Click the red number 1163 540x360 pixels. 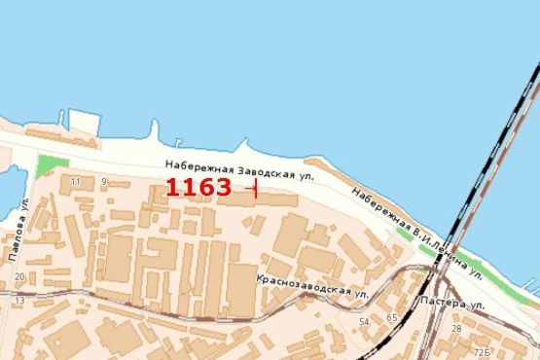coord(198,187)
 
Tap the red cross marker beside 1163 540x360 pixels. coord(255,188)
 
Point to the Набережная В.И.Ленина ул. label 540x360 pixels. coord(417,232)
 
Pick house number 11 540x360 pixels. coord(76,181)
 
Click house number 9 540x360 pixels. coord(103,181)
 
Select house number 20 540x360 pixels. coord(19,278)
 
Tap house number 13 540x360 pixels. coord(19,301)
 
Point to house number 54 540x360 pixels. coord(364,320)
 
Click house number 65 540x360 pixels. coord(391,318)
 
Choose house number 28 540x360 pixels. coord(456,329)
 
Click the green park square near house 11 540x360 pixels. coord(53,164)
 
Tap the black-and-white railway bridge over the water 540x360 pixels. coord(491,146)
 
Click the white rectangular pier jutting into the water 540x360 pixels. coord(86,123)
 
